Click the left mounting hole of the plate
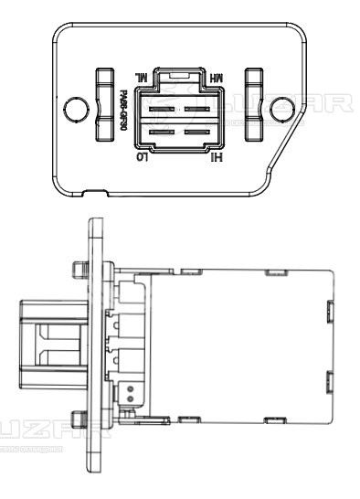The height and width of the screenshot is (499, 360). click(x=72, y=111)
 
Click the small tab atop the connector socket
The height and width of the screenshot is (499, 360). click(x=182, y=71)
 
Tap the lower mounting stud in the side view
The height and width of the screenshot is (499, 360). click(x=77, y=422)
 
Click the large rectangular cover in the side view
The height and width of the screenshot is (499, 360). click(x=239, y=345)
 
